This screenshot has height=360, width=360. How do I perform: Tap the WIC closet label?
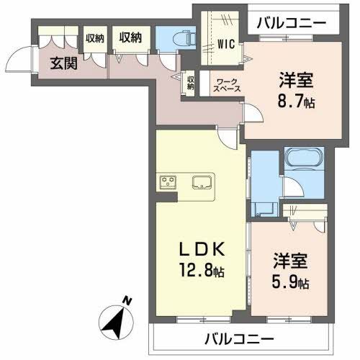tap(227, 42)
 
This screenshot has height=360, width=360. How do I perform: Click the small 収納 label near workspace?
tap(190, 81)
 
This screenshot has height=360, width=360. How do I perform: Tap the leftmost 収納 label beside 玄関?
tap(94, 37)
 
